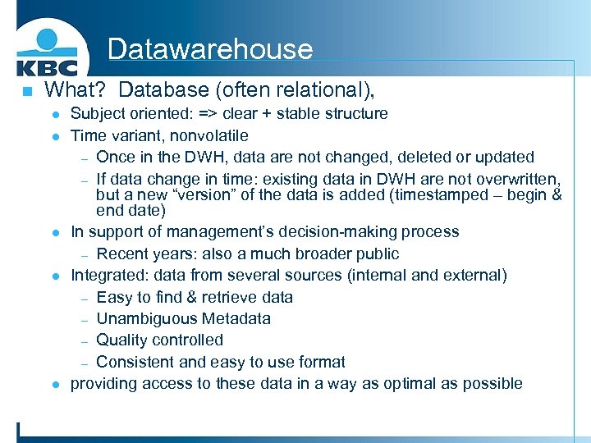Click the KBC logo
pos(47,51)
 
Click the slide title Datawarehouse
pos(209,49)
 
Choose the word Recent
pos(122,253)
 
